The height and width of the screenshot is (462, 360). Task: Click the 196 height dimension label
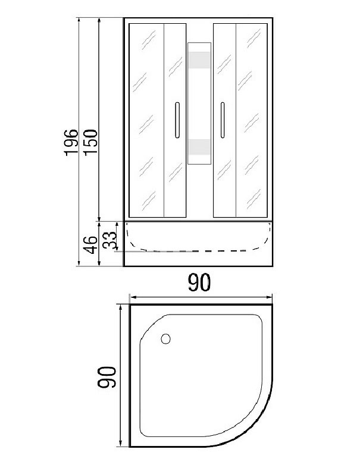(71, 142)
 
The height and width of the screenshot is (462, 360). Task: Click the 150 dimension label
(90, 142)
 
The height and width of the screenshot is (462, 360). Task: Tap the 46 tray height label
(90, 244)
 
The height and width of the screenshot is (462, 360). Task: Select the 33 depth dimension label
(109, 240)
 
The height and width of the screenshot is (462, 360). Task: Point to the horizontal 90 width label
(199, 282)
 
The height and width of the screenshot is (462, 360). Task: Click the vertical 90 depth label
(107, 377)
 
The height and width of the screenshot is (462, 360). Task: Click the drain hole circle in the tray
(165, 339)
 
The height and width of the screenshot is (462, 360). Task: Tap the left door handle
(177, 120)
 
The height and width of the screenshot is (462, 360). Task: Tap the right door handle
(223, 120)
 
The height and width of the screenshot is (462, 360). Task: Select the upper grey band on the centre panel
(199, 60)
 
